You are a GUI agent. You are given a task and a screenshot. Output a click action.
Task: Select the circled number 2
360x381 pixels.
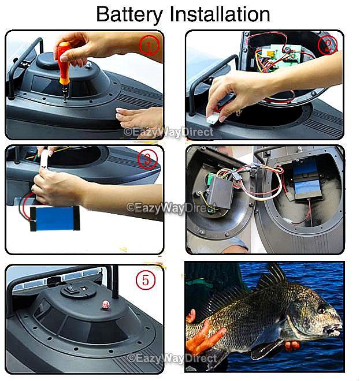coord(328,45)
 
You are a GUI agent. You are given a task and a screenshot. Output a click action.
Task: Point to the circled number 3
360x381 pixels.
coord(147,159)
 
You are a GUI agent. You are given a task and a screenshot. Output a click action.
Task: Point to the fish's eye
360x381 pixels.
coord(321,309)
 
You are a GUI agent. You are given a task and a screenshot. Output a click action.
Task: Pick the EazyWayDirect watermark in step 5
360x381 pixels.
coord(170,358)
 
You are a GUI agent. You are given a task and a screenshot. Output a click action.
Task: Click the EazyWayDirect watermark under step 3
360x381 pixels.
coord(168,207)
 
